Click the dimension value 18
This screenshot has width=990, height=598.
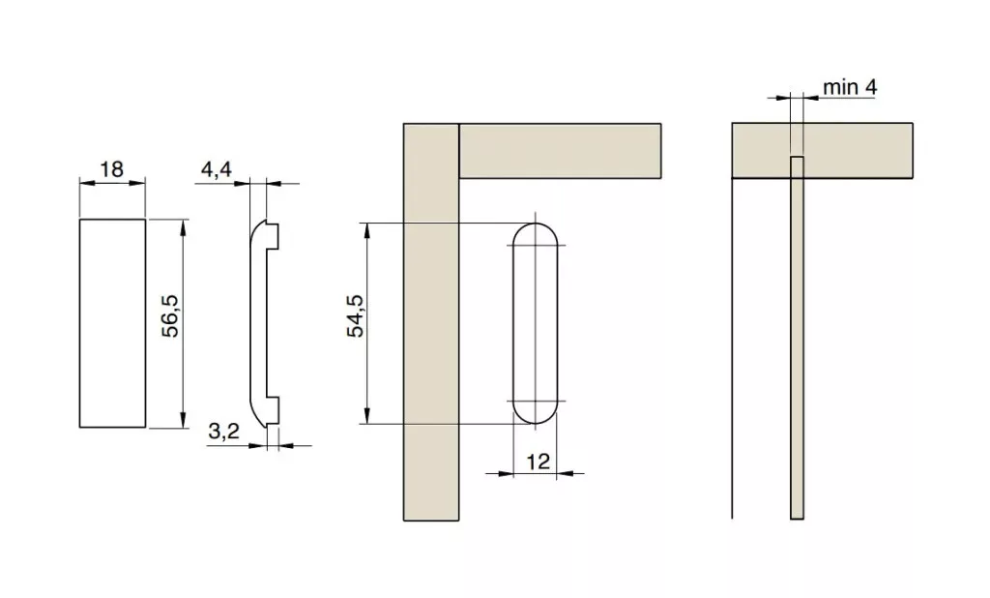point(112,169)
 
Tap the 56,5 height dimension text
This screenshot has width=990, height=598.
point(170,316)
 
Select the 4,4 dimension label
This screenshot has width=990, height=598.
point(217,169)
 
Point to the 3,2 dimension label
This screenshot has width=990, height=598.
point(224,432)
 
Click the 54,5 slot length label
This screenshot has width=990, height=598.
point(356,316)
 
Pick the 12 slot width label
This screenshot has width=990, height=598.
point(538,462)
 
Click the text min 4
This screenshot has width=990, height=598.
point(850,87)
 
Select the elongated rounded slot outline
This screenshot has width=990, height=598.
point(512,323)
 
